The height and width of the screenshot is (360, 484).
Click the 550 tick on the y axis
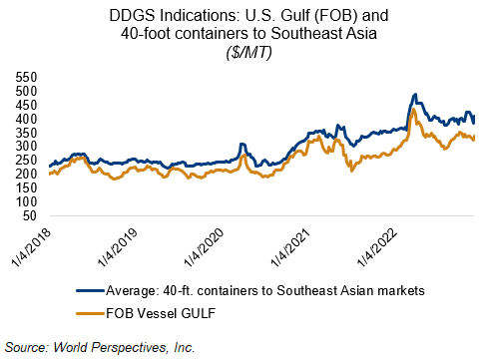26,78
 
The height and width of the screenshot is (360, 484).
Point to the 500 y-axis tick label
26,91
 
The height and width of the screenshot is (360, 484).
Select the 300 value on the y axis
26,147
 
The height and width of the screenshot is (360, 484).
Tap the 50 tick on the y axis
30,215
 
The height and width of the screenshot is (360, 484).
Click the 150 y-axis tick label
26,188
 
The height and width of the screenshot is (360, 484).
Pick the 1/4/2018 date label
32,247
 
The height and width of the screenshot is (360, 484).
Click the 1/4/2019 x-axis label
118,247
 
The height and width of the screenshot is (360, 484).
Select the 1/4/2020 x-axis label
205,247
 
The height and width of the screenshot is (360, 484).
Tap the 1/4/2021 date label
290,247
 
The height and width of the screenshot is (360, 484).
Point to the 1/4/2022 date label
377,247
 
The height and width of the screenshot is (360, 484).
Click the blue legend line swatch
91,290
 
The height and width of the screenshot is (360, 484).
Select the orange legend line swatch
91,313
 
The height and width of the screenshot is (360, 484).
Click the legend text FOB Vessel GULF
161,313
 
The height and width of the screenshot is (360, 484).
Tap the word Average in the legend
131,291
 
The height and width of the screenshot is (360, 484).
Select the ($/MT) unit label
248,53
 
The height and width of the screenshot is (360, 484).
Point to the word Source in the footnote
27,347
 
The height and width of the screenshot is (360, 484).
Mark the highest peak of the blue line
415,95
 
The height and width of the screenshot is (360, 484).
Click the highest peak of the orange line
413,109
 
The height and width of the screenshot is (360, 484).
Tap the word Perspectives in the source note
128,348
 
